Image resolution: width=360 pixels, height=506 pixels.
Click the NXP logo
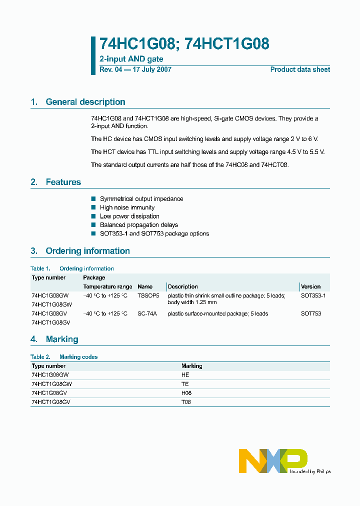tap(273, 460)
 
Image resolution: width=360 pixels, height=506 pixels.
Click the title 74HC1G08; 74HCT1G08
tap(184, 44)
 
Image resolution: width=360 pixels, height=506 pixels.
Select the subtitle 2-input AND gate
tap(131, 59)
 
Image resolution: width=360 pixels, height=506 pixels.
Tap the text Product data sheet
tap(300, 69)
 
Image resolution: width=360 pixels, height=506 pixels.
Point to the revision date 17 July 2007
tap(151, 69)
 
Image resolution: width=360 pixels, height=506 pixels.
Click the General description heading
tap(85, 102)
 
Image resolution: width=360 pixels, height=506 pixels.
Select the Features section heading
tap(63, 182)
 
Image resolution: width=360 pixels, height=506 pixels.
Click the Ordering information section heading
tap(87, 251)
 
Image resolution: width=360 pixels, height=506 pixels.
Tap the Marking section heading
tap(61, 339)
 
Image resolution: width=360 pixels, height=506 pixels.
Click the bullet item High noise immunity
tap(127, 207)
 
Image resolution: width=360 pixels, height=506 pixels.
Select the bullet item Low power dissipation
tap(129, 216)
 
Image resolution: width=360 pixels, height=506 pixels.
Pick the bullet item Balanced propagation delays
tap(138, 225)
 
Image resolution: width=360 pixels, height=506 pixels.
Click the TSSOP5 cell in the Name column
tap(148, 295)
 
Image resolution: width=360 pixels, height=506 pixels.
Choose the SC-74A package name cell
tap(147, 313)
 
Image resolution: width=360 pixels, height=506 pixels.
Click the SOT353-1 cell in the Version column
tap(313, 295)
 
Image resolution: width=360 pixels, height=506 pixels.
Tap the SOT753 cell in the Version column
tap(311, 313)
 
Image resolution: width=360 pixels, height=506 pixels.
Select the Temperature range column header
tap(107, 286)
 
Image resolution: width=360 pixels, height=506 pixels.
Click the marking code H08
tap(186, 393)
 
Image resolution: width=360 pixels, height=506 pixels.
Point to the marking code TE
tap(185, 384)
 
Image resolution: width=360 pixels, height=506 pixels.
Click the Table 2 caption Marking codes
tap(78, 357)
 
